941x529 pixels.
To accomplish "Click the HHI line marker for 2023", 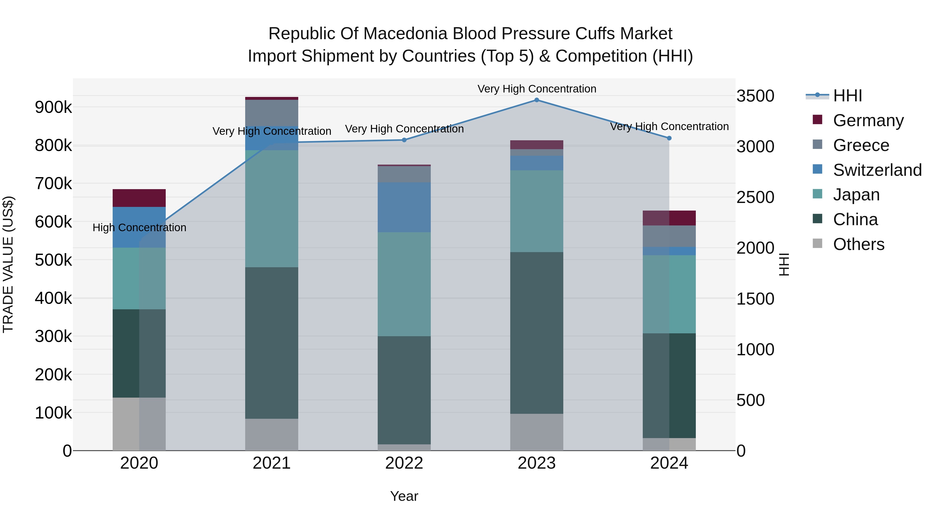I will pyautogui.click(x=537, y=100).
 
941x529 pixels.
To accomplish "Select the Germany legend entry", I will pyautogui.click(x=868, y=120).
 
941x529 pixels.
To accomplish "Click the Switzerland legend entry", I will pyautogui.click(x=877, y=170).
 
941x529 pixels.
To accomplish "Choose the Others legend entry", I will pyautogui.click(x=858, y=244).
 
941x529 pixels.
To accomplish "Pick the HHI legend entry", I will pyautogui.click(x=847, y=96).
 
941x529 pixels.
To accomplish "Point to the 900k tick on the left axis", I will pyautogui.click(x=53, y=107).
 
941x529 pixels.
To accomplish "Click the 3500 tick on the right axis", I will pyautogui.click(x=755, y=96).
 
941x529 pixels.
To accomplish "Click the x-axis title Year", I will pyautogui.click(x=404, y=496).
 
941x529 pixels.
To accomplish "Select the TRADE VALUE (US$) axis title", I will pyautogui.click(x=8, y=264).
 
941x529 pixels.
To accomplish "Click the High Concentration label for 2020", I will pyautogui.click(x=139, y=228).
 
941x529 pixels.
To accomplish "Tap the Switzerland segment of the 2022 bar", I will pyautogui.click(x=404, y=207).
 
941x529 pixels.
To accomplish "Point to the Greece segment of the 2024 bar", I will pyautogui.click(x=669, y=236).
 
